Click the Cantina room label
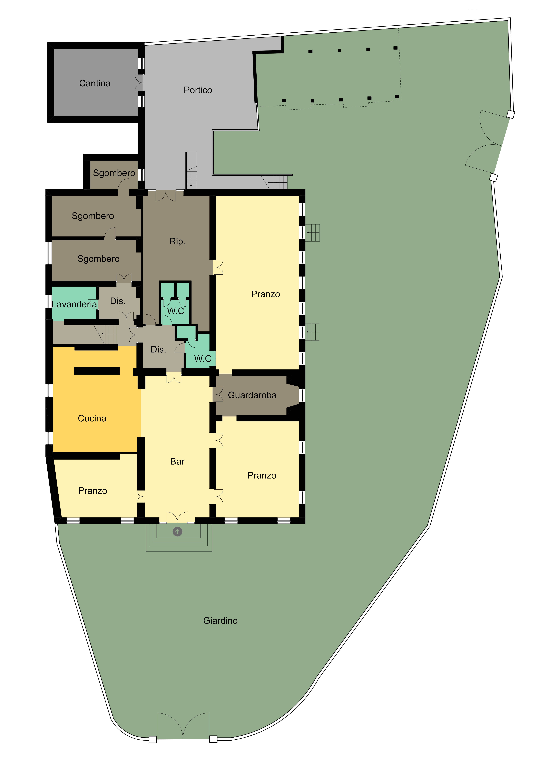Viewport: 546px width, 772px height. [95, 83]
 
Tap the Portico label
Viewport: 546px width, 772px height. [198, 90]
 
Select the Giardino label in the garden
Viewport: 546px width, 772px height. [220, 621]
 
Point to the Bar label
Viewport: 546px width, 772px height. [177, 461]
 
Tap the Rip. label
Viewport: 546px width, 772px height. [177, 241]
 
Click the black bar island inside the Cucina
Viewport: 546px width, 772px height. [97, 371]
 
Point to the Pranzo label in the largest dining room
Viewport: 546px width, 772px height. [265, 294]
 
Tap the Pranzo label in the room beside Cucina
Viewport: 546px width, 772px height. [93, 491]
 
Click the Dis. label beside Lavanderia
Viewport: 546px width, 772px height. [118, 301]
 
